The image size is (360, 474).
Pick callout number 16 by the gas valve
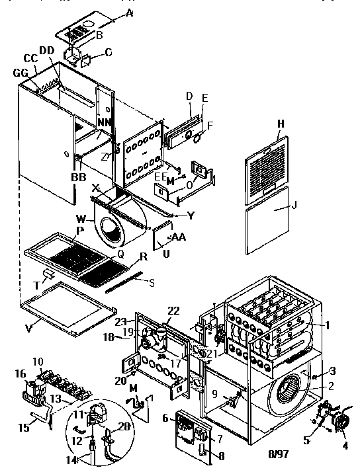(20, 374)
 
